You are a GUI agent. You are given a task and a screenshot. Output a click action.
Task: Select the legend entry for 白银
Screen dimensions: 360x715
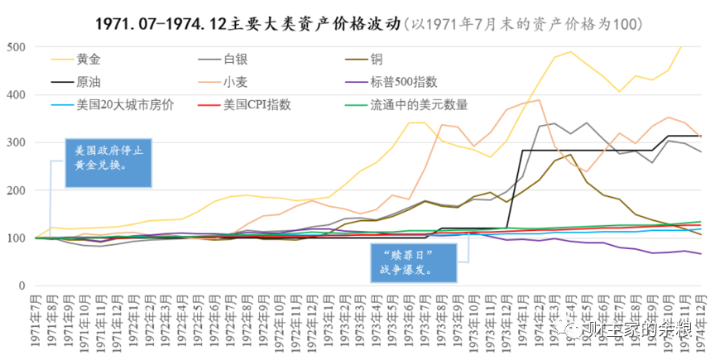(x=235, y=60)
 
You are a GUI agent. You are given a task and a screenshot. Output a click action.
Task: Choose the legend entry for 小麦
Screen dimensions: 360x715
(x=236, y=82)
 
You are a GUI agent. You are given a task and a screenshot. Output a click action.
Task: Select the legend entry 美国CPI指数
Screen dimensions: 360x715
(x=256, y=105)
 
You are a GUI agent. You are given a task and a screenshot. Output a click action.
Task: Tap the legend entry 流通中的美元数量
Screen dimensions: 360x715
(x=426, y=105)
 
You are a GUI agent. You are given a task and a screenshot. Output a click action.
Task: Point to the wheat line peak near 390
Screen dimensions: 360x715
(x=540, y=100)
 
